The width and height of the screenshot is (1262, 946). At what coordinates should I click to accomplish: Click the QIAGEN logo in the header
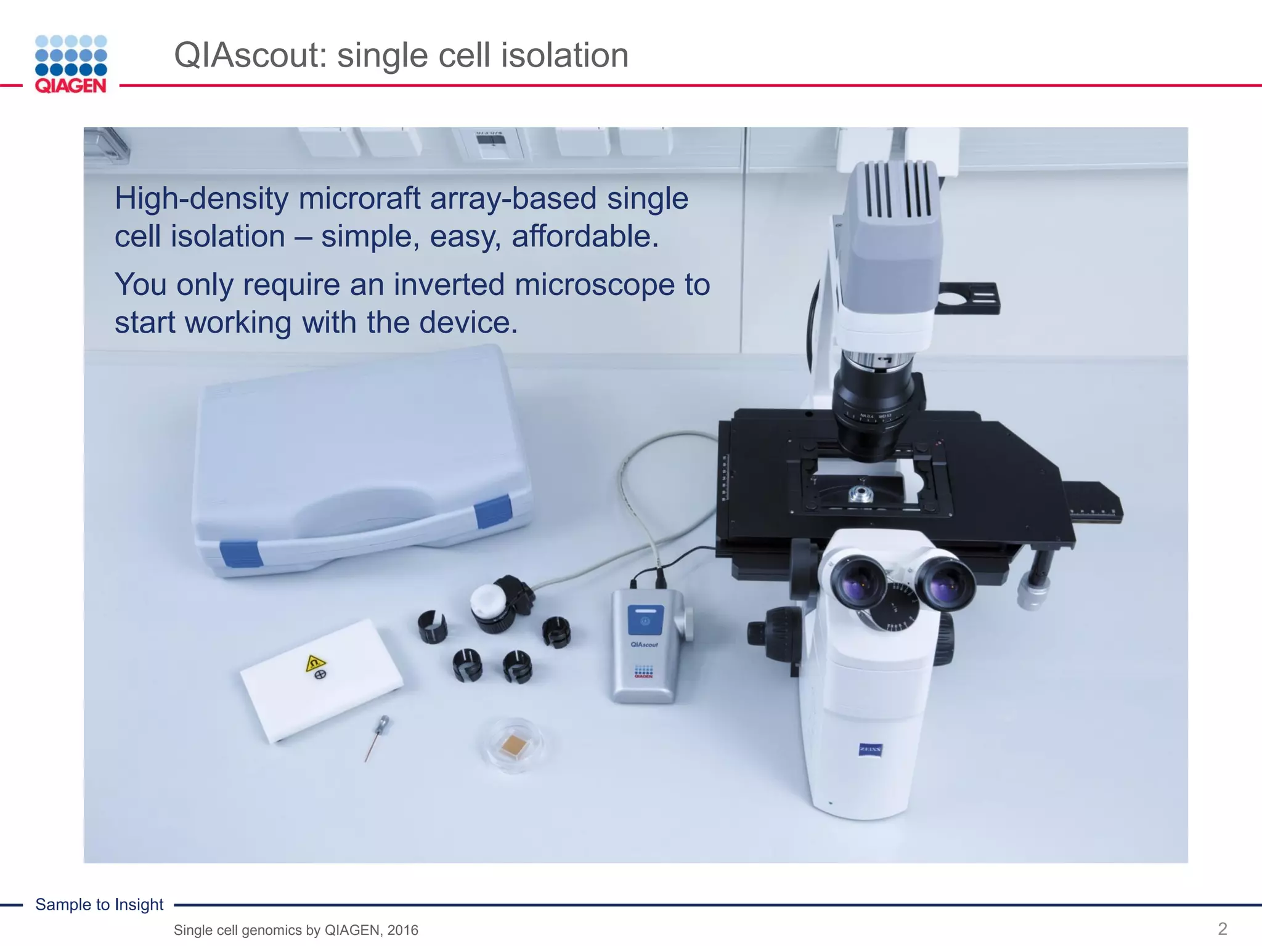pos(71,64)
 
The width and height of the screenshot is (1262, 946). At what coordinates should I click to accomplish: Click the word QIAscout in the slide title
pos(250,55)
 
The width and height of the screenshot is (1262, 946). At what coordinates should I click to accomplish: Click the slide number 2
pos(1223,928)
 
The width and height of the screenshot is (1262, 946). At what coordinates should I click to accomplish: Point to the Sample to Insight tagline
pos(99,904)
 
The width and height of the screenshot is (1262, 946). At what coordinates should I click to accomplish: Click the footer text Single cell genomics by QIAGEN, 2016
pos(296,930)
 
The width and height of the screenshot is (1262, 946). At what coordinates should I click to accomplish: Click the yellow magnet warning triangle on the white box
pos(315,663)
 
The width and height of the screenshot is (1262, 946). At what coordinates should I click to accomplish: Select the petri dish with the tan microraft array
pos(513,746)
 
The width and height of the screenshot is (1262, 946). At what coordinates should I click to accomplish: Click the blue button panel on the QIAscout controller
pos(645,620)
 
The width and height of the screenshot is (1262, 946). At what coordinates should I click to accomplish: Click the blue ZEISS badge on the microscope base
pos(870,750)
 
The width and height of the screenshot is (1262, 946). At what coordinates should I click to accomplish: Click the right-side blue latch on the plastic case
pos(493,512)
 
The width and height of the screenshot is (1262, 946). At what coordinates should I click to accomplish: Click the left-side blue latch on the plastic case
pos(241,554)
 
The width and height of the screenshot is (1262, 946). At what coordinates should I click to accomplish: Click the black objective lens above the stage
pos(874,406)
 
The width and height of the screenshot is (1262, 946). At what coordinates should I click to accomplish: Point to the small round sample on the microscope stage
pos(860,493)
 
